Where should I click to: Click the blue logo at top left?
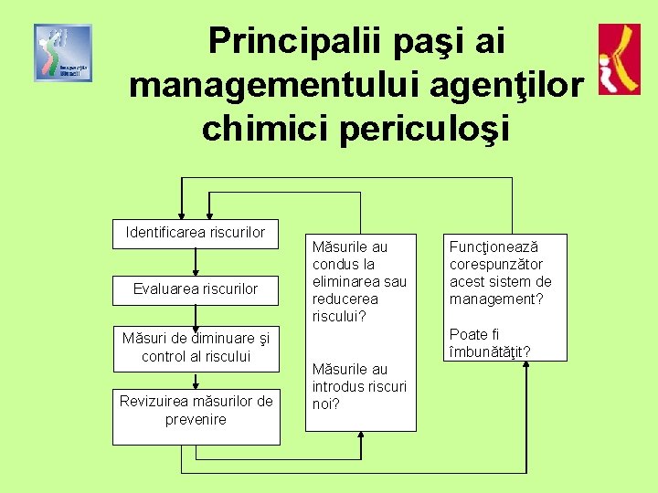click(63, 53)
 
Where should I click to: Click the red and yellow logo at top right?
click(619, 59)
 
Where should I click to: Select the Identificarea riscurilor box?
click(196, 233)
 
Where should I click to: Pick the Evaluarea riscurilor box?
click(196, 289)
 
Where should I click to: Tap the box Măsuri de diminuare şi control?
click(196, 347)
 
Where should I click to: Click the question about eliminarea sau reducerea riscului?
click(358, 281)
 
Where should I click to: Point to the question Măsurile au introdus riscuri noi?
click(358, 386)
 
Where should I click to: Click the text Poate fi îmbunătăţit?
click(489, 343)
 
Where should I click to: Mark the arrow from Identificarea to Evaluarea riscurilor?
click(196, 261)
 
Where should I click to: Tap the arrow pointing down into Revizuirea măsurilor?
click(196, 380)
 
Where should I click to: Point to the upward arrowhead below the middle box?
click(361, 438)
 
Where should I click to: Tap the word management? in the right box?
click(492, 299)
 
